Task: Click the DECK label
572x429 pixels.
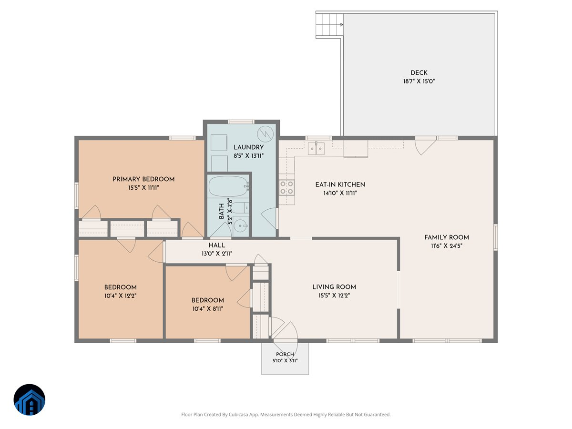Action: pos(419,72)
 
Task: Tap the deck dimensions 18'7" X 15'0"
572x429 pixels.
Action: pos(419,81)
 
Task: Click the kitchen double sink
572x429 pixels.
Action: pos(316,148)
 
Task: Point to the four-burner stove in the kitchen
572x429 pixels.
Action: pos(286,187)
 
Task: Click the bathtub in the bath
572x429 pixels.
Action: pos(228,186)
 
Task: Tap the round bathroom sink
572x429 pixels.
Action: pos(240,225)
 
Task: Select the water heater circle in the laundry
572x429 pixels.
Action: pos(266,134)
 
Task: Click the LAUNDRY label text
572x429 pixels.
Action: pos(248,147)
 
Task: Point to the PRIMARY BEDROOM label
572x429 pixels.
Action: pos(143,179)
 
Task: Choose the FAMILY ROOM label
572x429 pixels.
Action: pos(446,237)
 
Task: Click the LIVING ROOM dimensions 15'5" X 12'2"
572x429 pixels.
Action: pos(334,296)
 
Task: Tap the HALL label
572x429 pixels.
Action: pos(217,245)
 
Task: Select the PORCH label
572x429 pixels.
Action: pos(285,354)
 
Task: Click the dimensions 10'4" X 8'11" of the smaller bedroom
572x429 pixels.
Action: pos(208,309)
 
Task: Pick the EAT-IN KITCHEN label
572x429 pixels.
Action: pos(340,184)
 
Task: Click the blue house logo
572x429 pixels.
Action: pos(30,399)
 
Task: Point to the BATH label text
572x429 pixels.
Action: pos(221,211)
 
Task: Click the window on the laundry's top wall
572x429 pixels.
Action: pos(241,122)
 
